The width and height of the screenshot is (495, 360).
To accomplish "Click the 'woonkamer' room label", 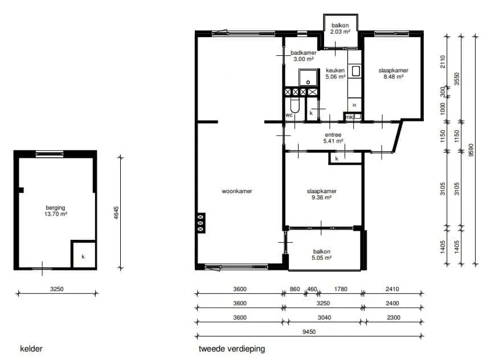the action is [237, 191].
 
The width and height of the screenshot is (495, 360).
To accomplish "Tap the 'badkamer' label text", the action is [304, 53].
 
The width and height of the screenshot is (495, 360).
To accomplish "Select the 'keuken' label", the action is [336, 71].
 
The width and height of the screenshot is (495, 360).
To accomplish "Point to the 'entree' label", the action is [333, 135].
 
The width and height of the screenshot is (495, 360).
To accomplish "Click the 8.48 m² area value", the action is [394, 77].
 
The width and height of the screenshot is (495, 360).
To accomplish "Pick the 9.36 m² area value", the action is [321, 198].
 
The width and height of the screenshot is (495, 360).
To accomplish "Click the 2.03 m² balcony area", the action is [340, 31].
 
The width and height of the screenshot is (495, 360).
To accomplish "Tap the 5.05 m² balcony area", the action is [322, 257].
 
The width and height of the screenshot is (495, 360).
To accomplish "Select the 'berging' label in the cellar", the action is [56, 208].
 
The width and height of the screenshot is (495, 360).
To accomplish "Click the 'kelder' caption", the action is [31, 349].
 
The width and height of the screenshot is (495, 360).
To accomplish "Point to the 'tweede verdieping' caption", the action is [232, 349].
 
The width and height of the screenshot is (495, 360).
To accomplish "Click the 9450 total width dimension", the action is [309, 332].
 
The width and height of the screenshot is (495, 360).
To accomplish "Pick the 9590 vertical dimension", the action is [471, 150].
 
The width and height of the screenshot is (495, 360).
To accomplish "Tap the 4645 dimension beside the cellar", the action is [116, 213].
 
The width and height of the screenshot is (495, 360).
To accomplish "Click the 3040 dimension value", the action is [324, 317].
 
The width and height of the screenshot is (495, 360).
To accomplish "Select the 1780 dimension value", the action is [341, 289].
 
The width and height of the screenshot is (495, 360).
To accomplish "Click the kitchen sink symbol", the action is [356, 71].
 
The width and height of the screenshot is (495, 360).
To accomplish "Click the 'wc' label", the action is [289, 115].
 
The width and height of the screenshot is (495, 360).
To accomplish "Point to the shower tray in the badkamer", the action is [308, 77].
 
